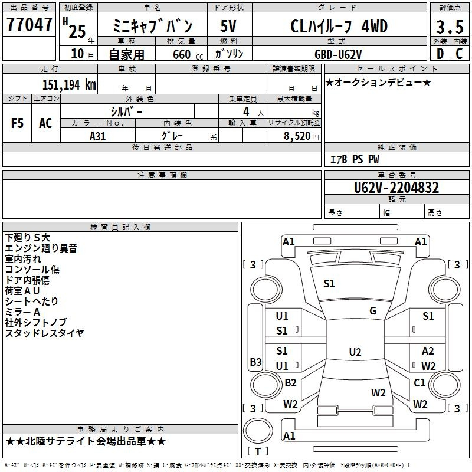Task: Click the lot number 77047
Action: pos(29,25)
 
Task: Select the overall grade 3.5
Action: pos(450,27)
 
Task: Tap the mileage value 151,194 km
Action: pos(69,85)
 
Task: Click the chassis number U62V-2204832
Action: pos(396,188)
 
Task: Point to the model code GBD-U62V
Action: pos(338,54)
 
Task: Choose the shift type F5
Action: pos(17,123)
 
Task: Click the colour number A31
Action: pos(97,136)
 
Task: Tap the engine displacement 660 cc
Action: pos(188,55)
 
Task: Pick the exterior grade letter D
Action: pos(440,54)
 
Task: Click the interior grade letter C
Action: pos(459,54)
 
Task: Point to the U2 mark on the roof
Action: pos(355,352)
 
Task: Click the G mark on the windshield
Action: pos(373,311)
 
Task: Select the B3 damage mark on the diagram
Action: pos(255,362)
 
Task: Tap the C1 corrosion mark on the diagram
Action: pos(419,382)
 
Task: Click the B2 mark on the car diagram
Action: pos(290,382)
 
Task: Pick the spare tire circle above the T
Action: pos(258,431)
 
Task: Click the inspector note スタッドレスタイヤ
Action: pos(44,333)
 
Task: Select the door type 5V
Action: pos(228,26)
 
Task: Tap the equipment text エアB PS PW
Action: pos(355,159)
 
